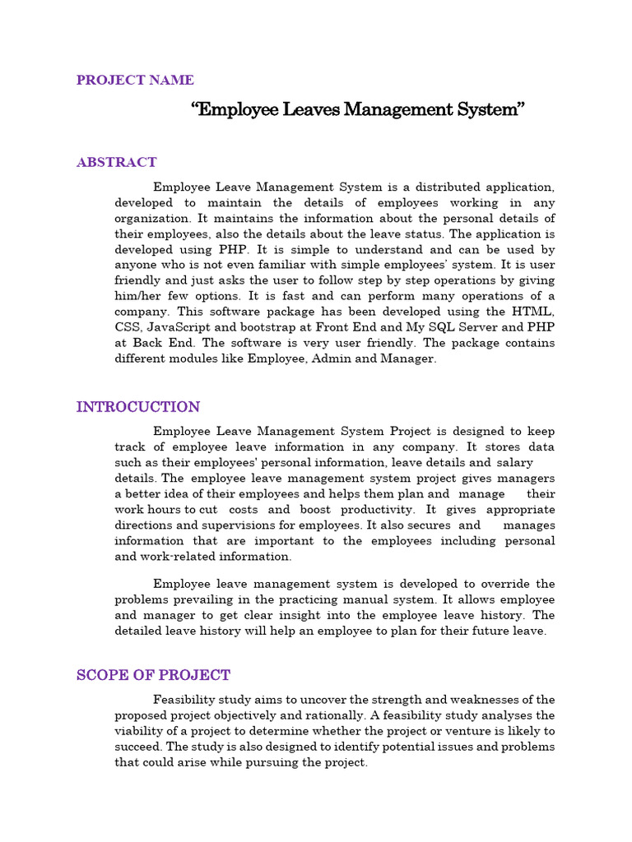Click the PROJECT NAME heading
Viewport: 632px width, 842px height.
[135, 80]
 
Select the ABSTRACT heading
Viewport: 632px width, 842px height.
[116, 162]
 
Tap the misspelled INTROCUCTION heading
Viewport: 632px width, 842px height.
[137, 407]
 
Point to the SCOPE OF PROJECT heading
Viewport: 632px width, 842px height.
[153, 675]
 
